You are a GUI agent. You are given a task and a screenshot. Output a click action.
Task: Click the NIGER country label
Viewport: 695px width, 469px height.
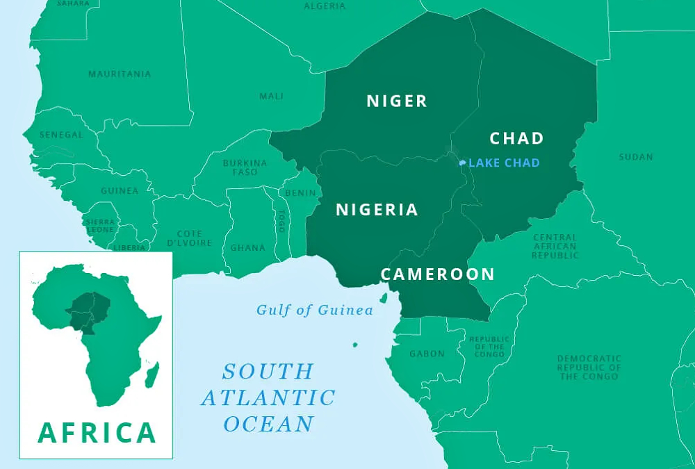pos(397,101)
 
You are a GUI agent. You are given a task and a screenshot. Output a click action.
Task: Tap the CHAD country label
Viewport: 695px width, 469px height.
pos(517,138)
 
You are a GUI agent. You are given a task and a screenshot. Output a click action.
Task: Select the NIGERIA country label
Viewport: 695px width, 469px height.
pos(377,210)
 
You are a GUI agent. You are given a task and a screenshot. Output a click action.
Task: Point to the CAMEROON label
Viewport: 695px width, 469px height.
pos(438,274)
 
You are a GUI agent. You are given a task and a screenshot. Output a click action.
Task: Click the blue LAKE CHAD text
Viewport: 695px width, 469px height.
pos(504,163)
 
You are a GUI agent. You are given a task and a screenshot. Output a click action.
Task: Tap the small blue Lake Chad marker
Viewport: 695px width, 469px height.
pos(462,163)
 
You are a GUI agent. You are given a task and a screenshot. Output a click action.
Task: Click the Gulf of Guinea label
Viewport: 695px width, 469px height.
pos(315,311)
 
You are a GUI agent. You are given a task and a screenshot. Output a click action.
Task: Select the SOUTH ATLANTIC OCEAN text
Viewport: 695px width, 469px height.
pos(268,397)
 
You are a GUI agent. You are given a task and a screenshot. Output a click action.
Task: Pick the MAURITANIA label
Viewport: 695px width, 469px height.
pos(120,74)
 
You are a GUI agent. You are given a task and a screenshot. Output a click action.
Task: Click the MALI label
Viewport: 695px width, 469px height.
pos(271,96)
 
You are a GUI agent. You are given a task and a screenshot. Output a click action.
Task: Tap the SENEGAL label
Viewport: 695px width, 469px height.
pos(61,135)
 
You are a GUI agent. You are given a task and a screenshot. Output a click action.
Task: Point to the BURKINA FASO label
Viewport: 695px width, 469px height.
pos(240,167)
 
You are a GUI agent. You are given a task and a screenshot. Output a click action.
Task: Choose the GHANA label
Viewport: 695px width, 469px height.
pos(248,248)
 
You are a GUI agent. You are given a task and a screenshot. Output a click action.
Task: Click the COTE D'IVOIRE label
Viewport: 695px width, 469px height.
pos(189,238)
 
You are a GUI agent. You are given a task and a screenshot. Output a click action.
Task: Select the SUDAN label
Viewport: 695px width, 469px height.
pos(636,157)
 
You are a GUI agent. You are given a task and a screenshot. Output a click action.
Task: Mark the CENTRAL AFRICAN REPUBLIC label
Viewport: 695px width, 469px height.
pos(555,247)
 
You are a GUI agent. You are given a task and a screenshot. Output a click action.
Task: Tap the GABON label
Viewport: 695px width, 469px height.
pos(427,354)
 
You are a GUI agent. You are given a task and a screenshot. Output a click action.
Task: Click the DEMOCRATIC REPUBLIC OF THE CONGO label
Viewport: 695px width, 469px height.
pos(589,368)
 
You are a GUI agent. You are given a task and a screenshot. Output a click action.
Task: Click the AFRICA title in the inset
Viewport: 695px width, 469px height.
pos(97,432)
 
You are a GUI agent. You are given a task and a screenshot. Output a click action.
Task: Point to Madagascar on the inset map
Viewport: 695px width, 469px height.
pos(151,375)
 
